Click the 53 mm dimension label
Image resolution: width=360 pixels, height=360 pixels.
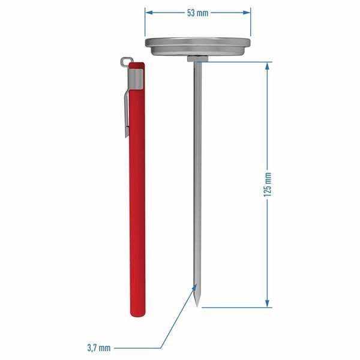pos(197,13)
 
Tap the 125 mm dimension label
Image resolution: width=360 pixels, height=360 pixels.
pos(267,185)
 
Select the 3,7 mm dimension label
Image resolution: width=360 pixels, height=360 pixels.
pos(99,348)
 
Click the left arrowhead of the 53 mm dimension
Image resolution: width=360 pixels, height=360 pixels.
pos(149,13)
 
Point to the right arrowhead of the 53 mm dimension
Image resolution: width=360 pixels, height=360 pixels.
pos(247,13)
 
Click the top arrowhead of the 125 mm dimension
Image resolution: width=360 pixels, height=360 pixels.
pos(267,66)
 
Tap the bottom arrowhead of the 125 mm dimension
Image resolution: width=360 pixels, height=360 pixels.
pos(267,303)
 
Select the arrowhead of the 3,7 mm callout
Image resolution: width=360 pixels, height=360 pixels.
pos(194,287)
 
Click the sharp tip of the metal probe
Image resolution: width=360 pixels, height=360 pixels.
pos(197,307)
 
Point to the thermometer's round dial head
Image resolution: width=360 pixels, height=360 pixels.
pos(197,47)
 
